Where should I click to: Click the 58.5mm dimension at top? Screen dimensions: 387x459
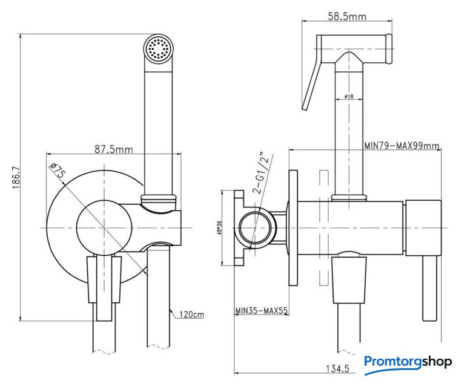coord(347,16)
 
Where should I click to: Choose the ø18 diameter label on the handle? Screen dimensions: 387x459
coord(349,97)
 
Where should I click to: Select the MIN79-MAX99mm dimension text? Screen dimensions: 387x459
coord(402,145)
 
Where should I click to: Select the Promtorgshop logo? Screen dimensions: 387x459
coord(408,362)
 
